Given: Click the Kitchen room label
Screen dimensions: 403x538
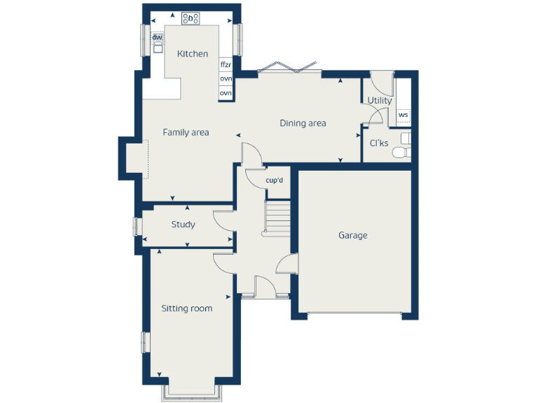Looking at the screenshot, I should coord(192,54).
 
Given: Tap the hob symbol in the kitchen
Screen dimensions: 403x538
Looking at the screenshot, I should coord(191,18).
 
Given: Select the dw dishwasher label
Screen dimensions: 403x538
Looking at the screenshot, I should coord(158,38).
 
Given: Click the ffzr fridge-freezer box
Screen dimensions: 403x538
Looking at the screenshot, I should coord(226,64).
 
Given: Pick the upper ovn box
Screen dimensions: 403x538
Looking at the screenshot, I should coord(226,79).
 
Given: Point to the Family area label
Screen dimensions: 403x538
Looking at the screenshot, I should coord(186,132).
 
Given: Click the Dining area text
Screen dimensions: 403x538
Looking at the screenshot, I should coord(303,124).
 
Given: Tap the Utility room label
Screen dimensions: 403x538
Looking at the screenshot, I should coord(380,101).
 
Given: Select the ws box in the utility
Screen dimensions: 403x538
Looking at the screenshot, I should coord(403,115).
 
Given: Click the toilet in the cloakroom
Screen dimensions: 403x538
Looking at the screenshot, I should coord(401,153).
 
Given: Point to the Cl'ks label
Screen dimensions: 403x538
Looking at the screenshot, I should coord(378,143).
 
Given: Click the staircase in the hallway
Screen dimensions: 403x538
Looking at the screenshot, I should coord(277,217).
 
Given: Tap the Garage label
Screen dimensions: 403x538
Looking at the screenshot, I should coord(352,236).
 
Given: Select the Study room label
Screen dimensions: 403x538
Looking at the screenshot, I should coord(183,225).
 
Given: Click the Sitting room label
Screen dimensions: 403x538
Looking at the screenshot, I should coord(186,309).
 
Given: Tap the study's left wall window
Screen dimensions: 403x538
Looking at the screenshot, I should coord(138,226).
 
